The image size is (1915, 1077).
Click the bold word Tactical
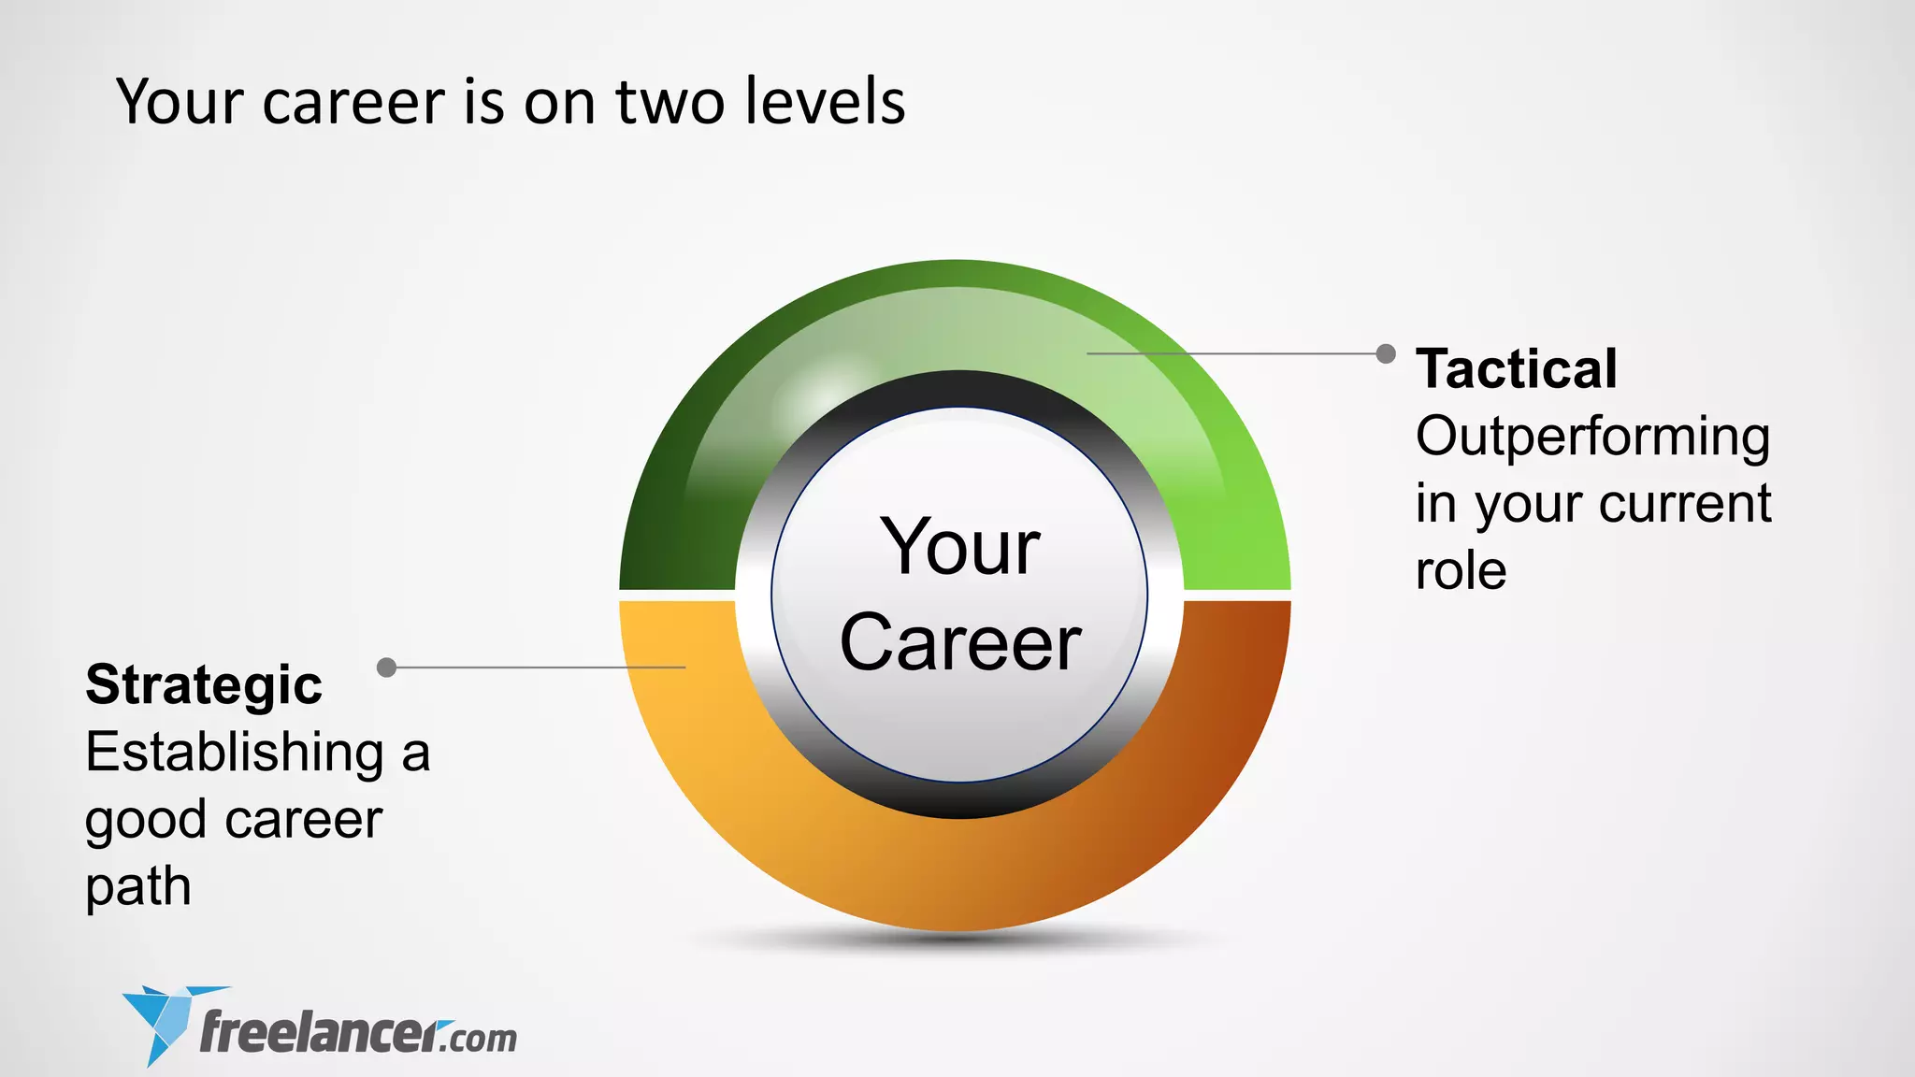(x=1516, y=368)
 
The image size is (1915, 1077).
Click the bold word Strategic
(x=204, y=684)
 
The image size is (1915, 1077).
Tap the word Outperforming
(x=1592, y=438)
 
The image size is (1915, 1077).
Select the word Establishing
(x=235, y=753)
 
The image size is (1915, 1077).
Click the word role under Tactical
(x=1461, y=570)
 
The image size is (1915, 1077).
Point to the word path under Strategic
(x=138, y=886)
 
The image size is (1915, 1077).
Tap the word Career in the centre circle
(x=960, y=642)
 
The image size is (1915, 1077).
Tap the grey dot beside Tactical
(x=1386, y=353)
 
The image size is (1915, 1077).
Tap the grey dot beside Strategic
(x=386, y=667)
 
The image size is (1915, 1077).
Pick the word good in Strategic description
(x=145, y=821)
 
